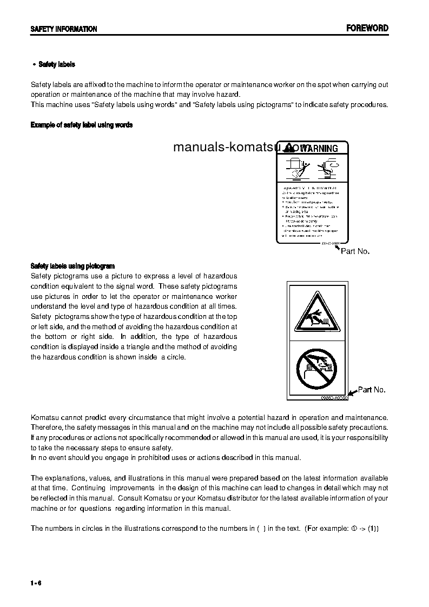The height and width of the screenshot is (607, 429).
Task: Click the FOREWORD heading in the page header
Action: tap(367, 28)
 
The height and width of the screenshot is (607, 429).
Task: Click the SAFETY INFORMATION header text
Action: tap(64, 29)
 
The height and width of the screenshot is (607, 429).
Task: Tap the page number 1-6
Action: tap(36, 583)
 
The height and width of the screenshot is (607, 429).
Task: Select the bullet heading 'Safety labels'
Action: tap(56, 64)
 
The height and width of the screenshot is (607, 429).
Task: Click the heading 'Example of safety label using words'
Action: tap(81, 125)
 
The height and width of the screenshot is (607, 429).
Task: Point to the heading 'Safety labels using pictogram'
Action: tap(72, 266)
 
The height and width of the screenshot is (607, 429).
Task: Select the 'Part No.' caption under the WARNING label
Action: tap(355, 251)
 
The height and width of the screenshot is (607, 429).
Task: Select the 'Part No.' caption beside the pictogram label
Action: tap(372, 390)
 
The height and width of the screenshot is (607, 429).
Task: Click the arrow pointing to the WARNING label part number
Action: tap(338, 247)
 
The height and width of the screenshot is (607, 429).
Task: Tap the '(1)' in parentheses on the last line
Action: tap(373, 529)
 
